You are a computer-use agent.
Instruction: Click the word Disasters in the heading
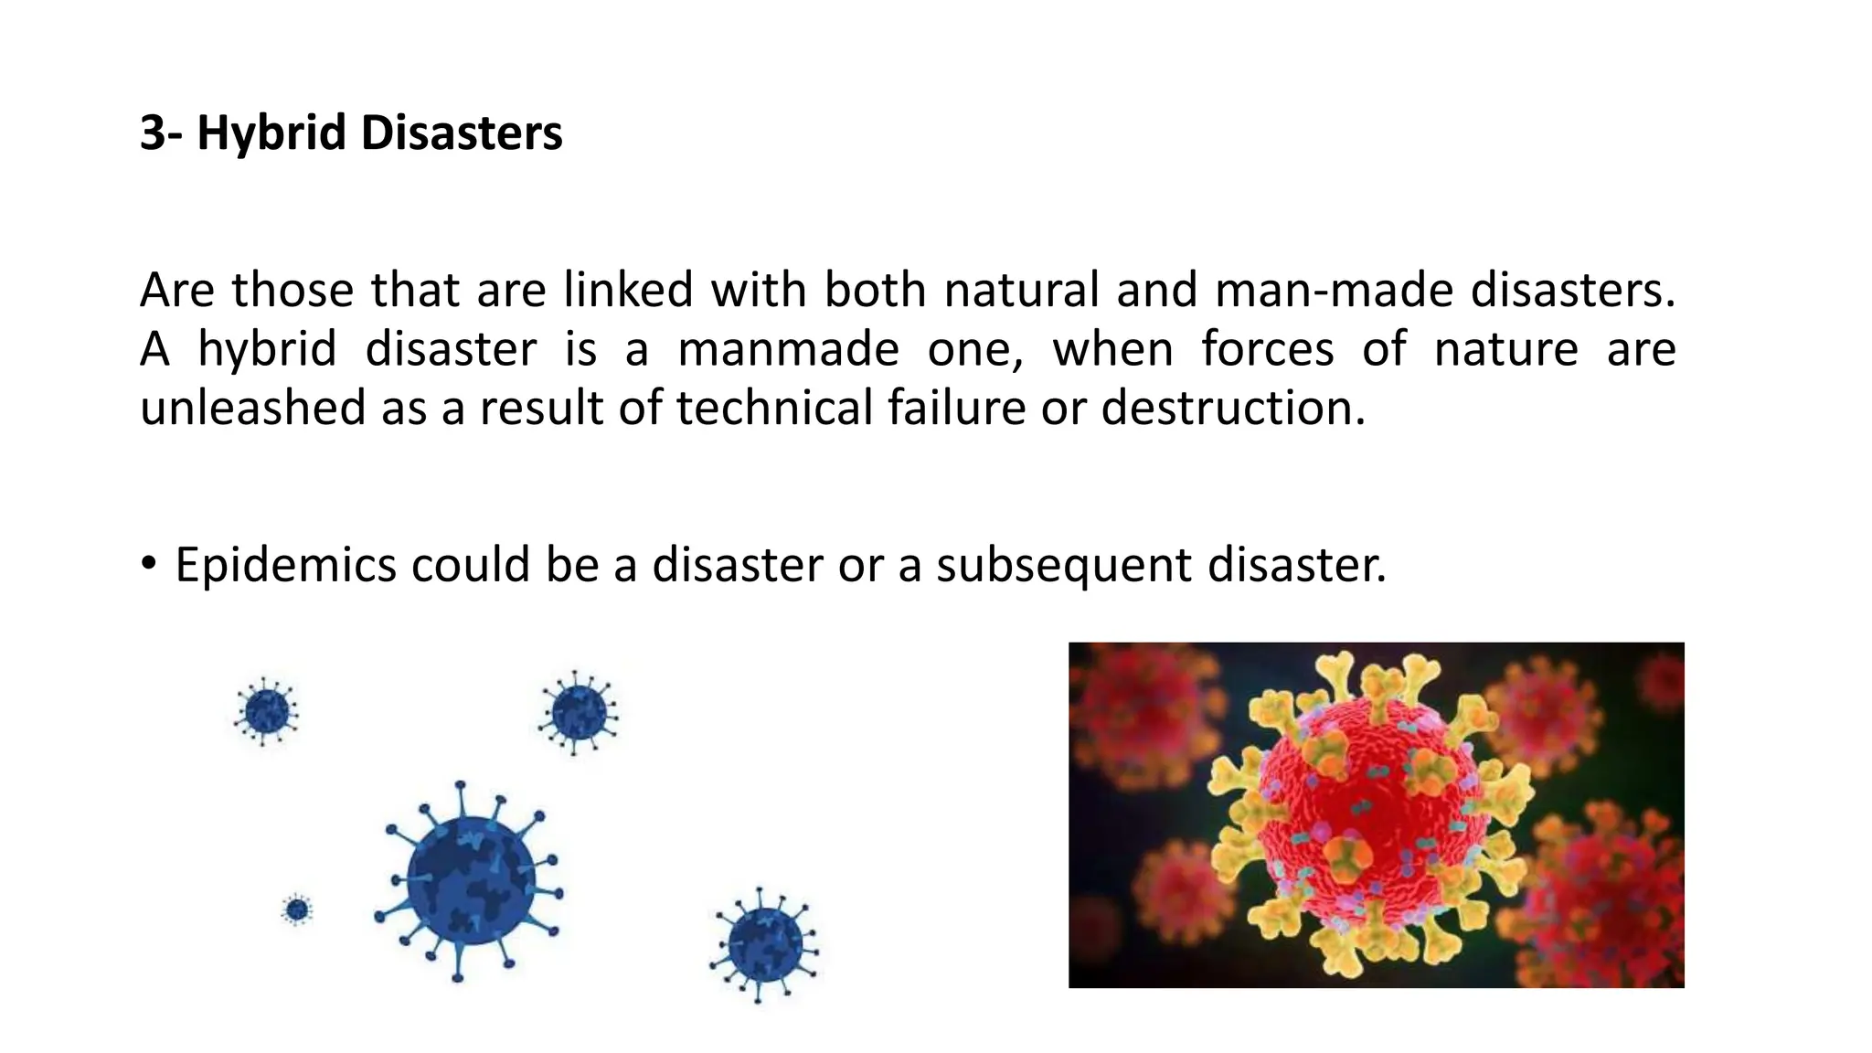point(462,133)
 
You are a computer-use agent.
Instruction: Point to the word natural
point(1020,291)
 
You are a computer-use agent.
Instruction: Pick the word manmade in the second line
point(788,350)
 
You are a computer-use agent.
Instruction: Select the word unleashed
point(252,408)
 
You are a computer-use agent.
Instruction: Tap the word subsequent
point(1064,566)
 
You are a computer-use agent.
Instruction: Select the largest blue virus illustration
point(469,881)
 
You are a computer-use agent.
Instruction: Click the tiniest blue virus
point(297,909)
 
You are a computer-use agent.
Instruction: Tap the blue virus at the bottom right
point(765,945)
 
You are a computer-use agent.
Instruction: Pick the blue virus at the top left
point(266,711)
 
